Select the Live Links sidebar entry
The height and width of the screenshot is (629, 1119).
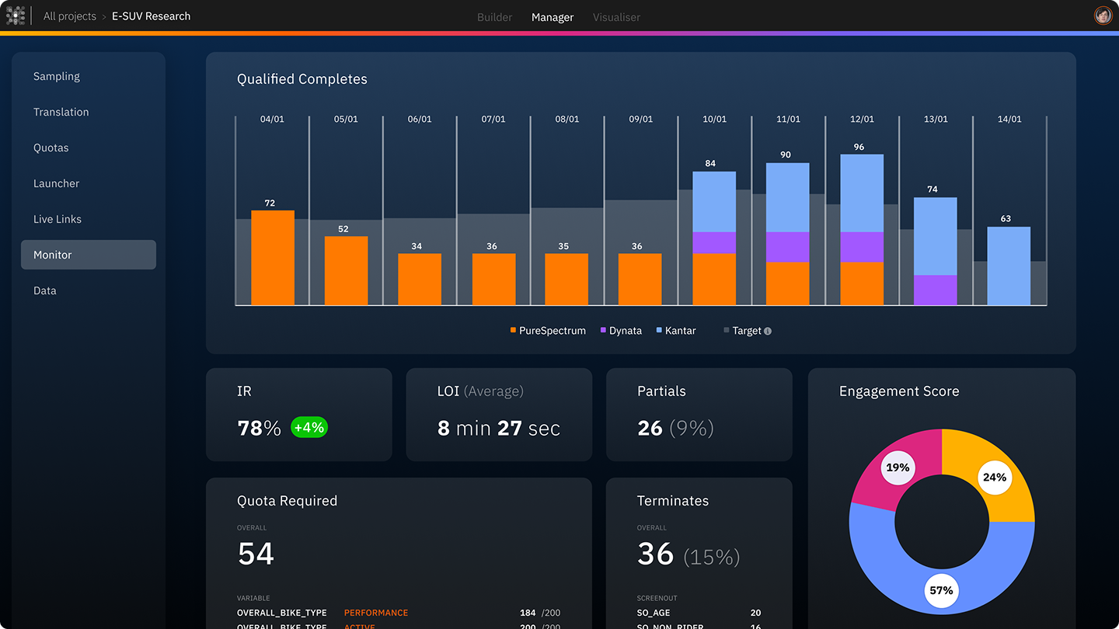tap(58, 219)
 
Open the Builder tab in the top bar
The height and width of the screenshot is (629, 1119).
tap(494, 17)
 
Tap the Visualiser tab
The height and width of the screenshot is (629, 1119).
tap(616, 17)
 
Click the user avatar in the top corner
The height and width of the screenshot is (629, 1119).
tap(1103, 16)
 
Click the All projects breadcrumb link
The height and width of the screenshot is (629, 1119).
tap(70, 16)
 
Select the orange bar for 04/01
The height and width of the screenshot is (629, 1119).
tap(273, 258)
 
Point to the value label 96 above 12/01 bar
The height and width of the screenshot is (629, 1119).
tap(859, 147)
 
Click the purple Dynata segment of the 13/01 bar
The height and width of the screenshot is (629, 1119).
tap(935, 290)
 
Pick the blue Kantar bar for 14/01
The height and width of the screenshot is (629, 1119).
tap(1009, 266)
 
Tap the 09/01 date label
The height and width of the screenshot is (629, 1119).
tap(641, 120)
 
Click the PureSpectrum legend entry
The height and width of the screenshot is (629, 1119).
tap(548, 331)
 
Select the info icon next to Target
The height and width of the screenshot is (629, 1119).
tap(768, 332)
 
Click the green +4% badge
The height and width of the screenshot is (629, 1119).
tap(309, 427)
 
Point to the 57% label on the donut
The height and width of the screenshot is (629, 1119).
tap(941, 590)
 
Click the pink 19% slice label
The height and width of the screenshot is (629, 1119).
tap(898, 467)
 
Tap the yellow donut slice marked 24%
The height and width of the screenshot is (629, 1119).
tap(995, 477)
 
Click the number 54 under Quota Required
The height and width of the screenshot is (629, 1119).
tap(256, 554)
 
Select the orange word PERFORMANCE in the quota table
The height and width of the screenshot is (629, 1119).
tap(376, 613)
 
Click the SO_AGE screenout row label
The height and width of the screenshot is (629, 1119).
tap(654, 613)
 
